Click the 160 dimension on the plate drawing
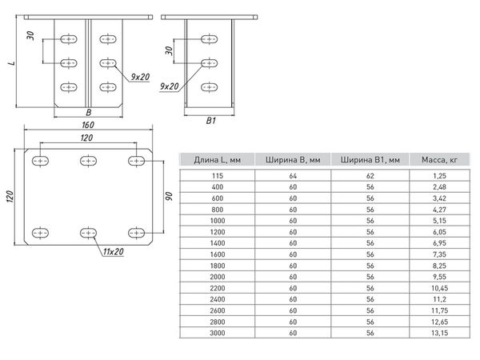(87, 125)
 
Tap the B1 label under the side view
(210, 121)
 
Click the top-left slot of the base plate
(38, 162)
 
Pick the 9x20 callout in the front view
(139, 77)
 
